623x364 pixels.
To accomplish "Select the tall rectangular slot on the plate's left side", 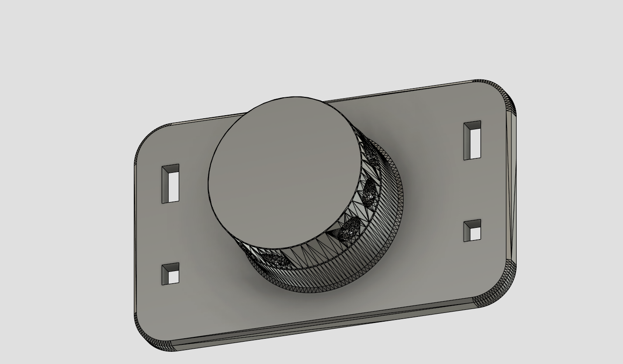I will (x=170, y=184).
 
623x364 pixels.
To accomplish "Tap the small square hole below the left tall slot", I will (x=170, y=274).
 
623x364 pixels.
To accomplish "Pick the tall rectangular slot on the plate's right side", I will (x=472, y=140).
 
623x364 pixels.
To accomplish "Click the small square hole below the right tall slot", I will (x=472, y=230).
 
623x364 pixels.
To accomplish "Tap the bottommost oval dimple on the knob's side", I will (x=275, y=261).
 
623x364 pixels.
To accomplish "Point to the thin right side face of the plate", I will (x=511, y=188).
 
